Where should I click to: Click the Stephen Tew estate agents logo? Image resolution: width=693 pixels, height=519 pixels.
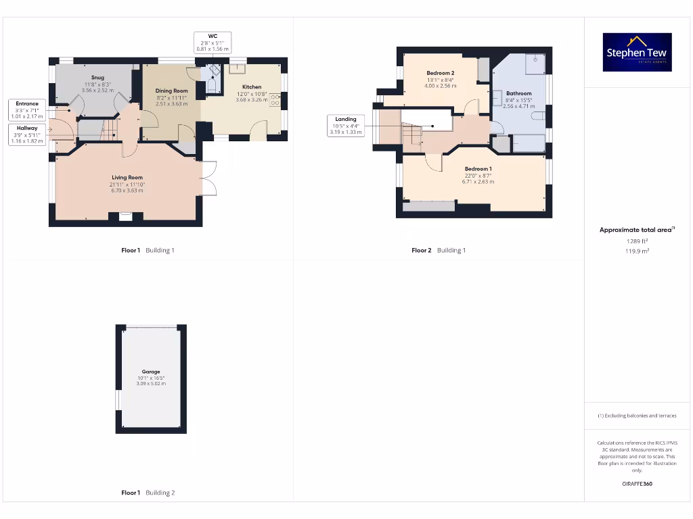(637, 52)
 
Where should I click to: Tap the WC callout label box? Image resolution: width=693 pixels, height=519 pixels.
(213, 42)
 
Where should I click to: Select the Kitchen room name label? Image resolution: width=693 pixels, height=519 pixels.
(252, 87)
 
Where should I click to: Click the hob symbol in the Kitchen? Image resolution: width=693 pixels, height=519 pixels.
(276, 100)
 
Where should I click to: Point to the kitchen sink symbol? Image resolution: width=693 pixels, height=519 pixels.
(238, 68)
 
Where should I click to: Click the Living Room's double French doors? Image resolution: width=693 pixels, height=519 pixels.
(208, 178)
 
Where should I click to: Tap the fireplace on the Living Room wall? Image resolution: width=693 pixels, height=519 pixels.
(125, 217)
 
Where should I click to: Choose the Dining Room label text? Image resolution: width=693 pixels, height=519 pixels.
(171, 91)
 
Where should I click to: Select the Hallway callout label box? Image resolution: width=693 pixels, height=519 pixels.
(27, 134)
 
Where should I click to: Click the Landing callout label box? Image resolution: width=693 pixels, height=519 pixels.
(346, 125)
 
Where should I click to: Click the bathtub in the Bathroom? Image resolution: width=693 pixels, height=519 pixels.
(529, 143)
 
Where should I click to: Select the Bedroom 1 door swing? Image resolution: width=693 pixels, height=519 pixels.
(434, 163)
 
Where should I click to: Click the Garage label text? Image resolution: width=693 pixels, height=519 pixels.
(151, 372)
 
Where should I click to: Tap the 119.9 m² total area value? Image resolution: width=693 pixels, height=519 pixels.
(636, 250)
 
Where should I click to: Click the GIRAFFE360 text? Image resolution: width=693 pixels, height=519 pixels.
(636, 484)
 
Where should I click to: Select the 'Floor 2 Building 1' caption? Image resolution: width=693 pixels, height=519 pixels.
(439, 250)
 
